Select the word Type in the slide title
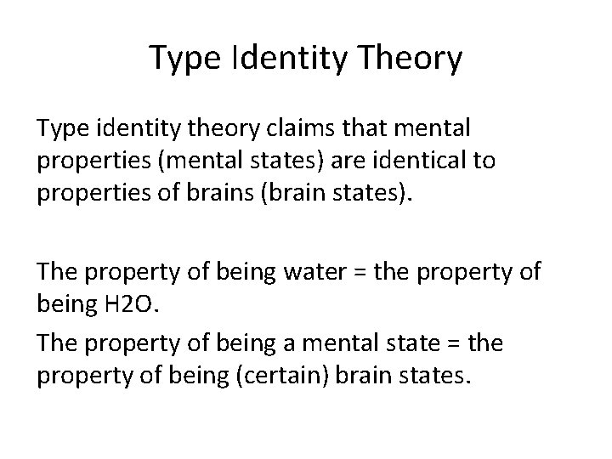coord(179,59)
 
